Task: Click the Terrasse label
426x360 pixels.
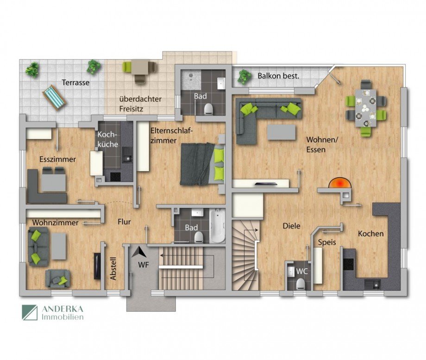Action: tap(76, 83)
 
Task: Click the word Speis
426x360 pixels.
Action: tap(327, 242)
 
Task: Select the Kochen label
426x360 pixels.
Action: tap(370, 234)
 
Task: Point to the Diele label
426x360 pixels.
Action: tap(292, 226)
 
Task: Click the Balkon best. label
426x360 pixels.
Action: tap(278, 75)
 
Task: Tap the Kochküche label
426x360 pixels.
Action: tap(107, 139)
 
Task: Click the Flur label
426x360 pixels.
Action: tap(124, 222)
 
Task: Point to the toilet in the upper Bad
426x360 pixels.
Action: tap(209, 108)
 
